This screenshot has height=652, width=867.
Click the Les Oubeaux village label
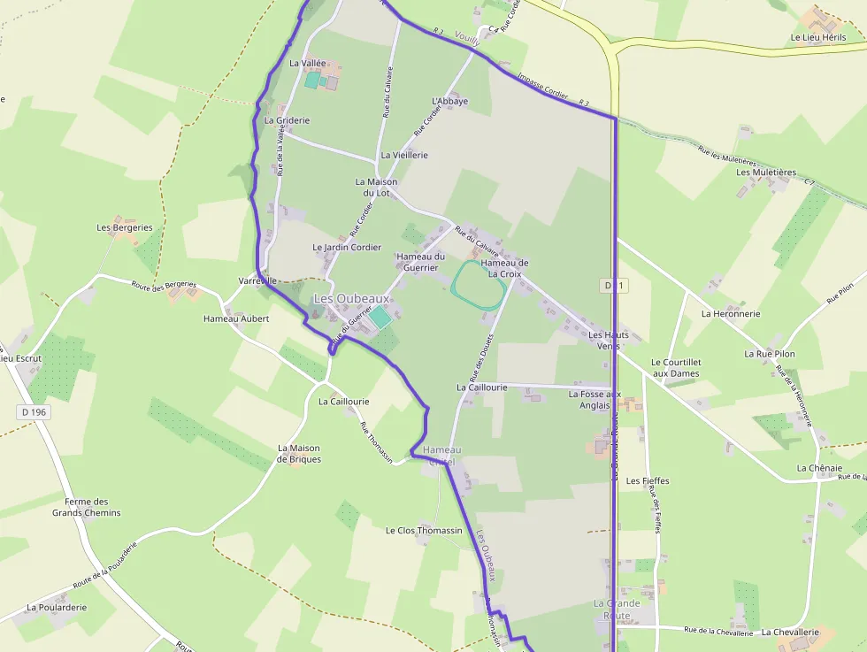(x=351, y=299)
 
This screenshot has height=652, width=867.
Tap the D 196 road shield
(x=34, y=412)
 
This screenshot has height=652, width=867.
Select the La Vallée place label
(x=308, y=64)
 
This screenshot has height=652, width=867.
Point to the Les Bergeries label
(x=125, y=227)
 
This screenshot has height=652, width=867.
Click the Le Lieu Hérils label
(x=818, y=38)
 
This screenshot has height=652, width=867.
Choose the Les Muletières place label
(x=766, y=173)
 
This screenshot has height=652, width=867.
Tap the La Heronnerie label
(x=731, y=313)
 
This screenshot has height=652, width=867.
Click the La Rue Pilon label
(x=770, y=354)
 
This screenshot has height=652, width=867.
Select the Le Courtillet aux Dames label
(x=675, y=368)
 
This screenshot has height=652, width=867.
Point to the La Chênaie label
(x=819, y=468)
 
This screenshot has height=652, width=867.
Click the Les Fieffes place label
(x=648, y=481)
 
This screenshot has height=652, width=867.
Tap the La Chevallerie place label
(x=790, y=632)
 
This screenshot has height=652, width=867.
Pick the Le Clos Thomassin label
(x=424, y=531)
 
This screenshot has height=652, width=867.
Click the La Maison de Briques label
(x=299, y=454)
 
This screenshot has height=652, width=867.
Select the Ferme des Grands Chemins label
(x=87, y=507)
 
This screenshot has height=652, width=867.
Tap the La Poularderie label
(x=57, y=608)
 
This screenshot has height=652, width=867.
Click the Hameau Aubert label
(x=236, y=318)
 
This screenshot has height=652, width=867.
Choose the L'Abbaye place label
(x=449, y=101)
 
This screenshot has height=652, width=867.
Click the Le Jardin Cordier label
(x=347, y=248)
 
